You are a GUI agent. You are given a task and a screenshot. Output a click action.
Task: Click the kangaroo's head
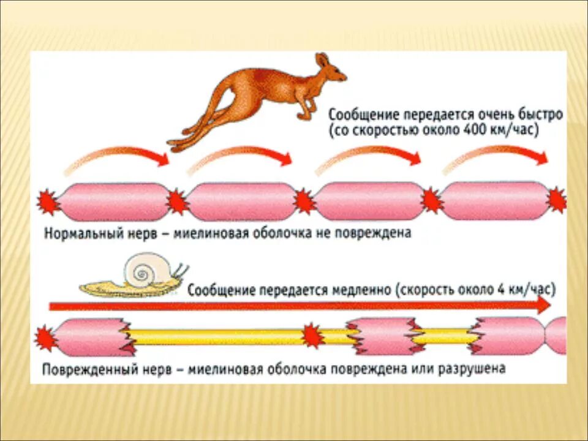point(331,69)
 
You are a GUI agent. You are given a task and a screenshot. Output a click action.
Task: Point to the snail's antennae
point(181,269)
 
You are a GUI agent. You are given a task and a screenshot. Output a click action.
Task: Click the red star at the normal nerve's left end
point(48,202)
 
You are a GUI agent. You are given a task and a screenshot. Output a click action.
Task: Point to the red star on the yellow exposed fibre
point(313,336)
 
